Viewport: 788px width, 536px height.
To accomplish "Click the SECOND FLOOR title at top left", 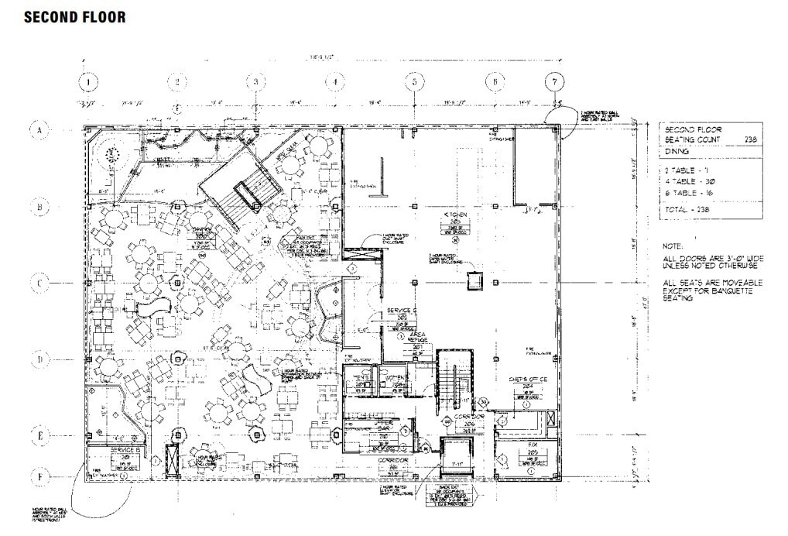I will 74,16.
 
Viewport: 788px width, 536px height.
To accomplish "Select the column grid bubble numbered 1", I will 90,81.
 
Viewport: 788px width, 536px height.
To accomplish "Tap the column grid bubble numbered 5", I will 415,81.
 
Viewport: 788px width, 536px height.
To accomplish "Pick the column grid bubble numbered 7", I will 554,81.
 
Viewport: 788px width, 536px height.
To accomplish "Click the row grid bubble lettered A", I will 39,130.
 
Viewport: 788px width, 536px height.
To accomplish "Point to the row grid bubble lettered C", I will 39,283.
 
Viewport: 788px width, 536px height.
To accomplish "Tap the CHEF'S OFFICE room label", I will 527,379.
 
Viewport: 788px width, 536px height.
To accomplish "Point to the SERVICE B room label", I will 125,450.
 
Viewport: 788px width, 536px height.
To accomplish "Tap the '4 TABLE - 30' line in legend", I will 687,180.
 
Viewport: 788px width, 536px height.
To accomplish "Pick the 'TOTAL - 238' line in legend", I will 687,209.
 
